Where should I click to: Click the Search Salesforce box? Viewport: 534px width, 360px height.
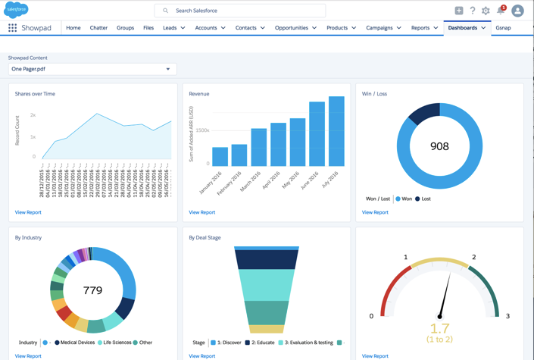(x=240, y=11)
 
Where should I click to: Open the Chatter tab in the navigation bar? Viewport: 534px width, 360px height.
(x=98, y=28)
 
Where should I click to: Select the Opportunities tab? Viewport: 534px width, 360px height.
(x=291, y=28)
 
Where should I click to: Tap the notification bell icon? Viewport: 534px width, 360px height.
(x=501, y=11)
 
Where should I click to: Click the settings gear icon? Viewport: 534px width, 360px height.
(x=486, y=11)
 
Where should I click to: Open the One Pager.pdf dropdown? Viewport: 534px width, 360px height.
(x=92, y=69)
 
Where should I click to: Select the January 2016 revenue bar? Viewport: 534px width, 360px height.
(x=220, y=156)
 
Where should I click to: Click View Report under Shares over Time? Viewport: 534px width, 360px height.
(x=28, y=212)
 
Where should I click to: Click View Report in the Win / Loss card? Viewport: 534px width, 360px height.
(x=375, y=212)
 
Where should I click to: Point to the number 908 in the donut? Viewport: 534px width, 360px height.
(x=439, y=146)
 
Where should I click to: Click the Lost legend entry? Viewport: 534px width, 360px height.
(x=423, y=199)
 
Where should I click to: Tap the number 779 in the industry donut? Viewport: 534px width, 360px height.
(x=93, y=290)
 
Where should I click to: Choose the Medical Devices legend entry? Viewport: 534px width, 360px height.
(x=76, y=343)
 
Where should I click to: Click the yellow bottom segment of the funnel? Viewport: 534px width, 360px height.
(x=267, y=329)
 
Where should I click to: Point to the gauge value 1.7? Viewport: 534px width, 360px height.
(x=440, y=328)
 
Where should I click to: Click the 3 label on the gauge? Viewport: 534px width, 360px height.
(x=507, y=316)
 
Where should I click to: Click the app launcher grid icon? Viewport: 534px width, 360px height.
(x=12, y=28)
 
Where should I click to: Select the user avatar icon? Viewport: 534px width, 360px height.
(x=518, y=11)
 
